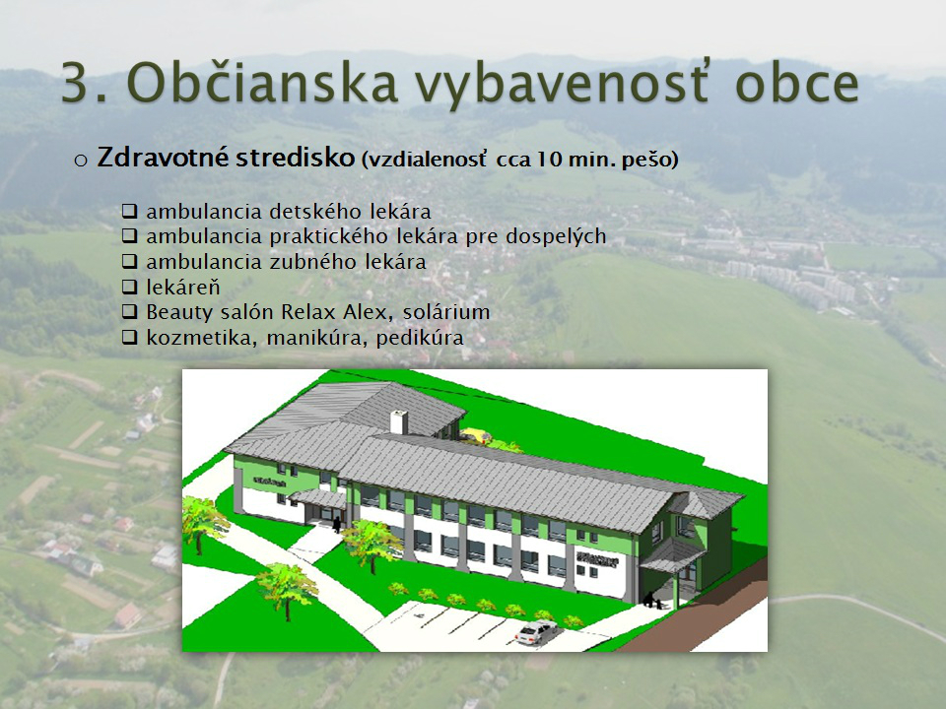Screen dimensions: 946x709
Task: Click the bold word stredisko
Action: [x=295, y=158]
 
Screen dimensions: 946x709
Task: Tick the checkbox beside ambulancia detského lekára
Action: [x=130, y=212]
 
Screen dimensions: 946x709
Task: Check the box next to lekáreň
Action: [x=130, y=287]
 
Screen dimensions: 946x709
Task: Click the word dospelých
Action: [x=556, y=237]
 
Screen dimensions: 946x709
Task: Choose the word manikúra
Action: [x=316, y=338]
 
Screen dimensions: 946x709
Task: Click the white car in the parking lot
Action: [x=536, y=632]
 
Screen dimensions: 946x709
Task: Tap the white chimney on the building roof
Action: [x=399, y=421]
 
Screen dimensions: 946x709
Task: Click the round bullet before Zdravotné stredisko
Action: [x=81, y=161]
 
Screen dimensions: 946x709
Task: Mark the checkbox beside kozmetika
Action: [x=130, y=337]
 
